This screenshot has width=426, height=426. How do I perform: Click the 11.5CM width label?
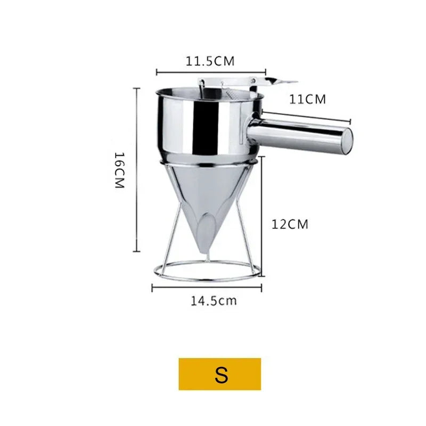click(x=210, y=61)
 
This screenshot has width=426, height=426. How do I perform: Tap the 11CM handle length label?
click(x=307, y=99)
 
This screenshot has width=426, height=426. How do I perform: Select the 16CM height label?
click(x=119, y=170)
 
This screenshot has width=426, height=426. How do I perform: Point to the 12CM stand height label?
click(x=290, y=224)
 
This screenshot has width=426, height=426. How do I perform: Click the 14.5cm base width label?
click(x=214, y=301)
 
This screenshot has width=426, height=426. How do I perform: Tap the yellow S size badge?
click(x=220, y=374)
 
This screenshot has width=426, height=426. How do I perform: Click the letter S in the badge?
click(x=221, y=375)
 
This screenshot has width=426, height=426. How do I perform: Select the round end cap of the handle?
click(x=347, y=141)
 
